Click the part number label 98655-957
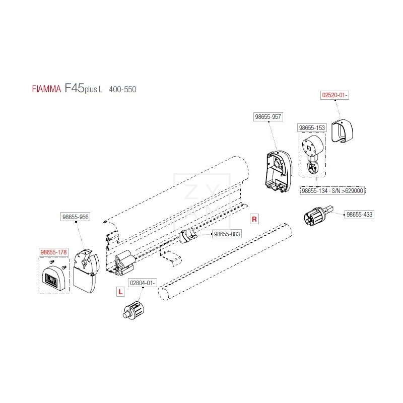pyautogui.click(x=267, y=116)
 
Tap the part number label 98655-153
pyautogui.click(x=312, y=128)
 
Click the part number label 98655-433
pyautogui.click(x=359, y=215)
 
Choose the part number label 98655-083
pyautogui.click(x=227, y=234)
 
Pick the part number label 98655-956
pyautogui.click(x=75, y=217)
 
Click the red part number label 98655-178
pyautogui.click(x=54, y=251)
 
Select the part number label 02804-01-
pyautogui.click(x=144, y=283)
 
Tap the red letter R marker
pyautogui.click(x=254, y=219)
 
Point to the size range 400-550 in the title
pyautogui.click(x=122, y=89)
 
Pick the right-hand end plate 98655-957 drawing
pyautogui.click(x=277, y=172)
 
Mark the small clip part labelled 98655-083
pyautogui.click(x=187, y=236)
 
